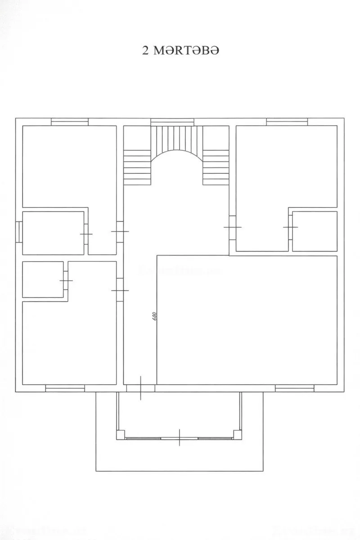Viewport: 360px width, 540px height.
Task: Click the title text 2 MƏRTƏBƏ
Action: click(180, 50)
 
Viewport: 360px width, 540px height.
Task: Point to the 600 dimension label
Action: click(154, 316)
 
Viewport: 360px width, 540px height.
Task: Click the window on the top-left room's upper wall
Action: click(69, 121)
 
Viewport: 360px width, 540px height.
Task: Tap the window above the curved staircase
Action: click(172, 121)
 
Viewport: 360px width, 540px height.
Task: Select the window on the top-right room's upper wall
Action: click(287, 121)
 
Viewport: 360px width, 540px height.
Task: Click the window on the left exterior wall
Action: click(19, 232)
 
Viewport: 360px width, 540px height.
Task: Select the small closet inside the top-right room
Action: click(315, 231)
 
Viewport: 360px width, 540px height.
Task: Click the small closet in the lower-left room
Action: click(43, 279)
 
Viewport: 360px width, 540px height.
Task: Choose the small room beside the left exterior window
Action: click(53, 233)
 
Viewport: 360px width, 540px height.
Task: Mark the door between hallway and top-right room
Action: click(232, 227)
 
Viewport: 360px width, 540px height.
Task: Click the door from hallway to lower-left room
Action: click(120, 290)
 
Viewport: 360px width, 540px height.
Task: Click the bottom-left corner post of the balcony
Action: click(121, 434)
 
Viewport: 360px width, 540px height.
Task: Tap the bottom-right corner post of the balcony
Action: click(237, 434)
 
